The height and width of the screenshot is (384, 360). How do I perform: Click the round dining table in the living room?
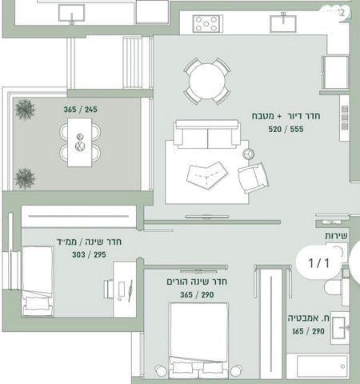(x=207, y=81)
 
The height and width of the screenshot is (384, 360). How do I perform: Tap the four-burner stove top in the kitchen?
(x=206, y=23)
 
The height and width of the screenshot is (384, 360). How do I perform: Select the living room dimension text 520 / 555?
(x=286, y=130)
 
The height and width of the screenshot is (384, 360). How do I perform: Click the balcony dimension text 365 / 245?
(x=80, y=110)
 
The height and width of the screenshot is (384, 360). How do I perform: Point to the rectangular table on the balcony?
(x=79, y=142)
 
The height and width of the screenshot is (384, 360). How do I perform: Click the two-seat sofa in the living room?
(x=207, y=134)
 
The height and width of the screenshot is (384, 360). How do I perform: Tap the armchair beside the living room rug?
(x=253, y=177)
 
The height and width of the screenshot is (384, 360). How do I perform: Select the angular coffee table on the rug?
(x=207, y=175)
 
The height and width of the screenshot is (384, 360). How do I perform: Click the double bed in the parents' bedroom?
(x=198, y=340)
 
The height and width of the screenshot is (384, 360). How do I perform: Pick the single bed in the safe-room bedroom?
(x=38, y=281)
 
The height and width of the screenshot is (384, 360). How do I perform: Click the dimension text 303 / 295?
(x=89, y=254)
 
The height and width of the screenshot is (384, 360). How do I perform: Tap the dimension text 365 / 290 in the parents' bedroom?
(x=197, y=294)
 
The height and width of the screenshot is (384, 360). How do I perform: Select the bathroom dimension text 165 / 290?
(x=308, y=331)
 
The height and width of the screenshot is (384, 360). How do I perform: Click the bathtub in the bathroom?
(x=318, y=366)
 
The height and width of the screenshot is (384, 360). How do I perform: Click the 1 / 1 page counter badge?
(x=318, y=263)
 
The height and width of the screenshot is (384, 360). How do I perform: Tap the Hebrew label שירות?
(x=336, y=236)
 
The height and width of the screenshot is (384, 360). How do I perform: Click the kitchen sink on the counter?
(x=283, y=24)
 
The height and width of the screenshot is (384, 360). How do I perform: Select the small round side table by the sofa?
(x=248, y=154)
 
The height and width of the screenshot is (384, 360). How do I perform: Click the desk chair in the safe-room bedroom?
(x=109, y=289)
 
